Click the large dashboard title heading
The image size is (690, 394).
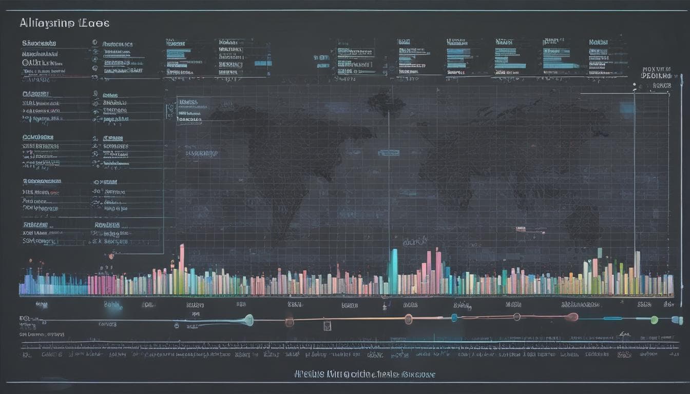click(x=64, y=23)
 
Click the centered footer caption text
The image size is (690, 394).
click(x=365, y=375)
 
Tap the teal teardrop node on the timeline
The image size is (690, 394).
click(x=248, y=320)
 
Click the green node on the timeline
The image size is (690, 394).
click(x=654, y=320)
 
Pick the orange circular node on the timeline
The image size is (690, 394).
click(x=408, y=319)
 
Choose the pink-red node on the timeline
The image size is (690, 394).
click(x=572, y=317)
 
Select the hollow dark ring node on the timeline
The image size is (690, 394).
click(x=177, y=325)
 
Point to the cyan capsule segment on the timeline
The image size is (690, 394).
click(x=612, y=318)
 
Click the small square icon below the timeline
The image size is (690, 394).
click(x=327, y=326)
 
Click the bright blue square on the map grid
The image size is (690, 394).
click(x=626, y=107)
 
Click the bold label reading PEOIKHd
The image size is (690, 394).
click(x=656, y=75)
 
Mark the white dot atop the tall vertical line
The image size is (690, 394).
click(x=635, y=91)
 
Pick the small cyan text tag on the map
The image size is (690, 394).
click(x=389, y=152)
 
